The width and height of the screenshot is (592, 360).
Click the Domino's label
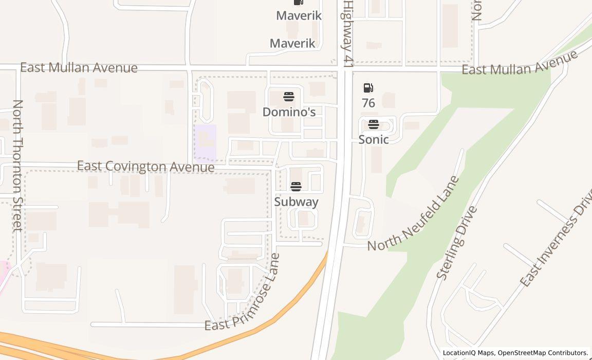[289, 112]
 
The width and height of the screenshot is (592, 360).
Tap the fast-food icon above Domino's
[289, 96]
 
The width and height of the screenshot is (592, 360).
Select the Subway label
[296, 202]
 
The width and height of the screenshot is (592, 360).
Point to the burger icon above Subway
[296, 186]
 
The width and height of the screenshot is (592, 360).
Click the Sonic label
[374, 139]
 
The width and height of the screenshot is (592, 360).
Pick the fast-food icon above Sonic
[374, 124]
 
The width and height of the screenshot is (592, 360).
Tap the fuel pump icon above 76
[368, 88]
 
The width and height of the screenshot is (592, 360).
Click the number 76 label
[368, 103]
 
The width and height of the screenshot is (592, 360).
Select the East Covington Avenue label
[145, 167]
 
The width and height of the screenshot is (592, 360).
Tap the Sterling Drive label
[457, 243]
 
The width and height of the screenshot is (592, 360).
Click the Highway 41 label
[348, 33]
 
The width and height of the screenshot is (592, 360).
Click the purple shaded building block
[205, 142]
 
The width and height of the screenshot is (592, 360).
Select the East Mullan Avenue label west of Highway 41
[79, 68]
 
